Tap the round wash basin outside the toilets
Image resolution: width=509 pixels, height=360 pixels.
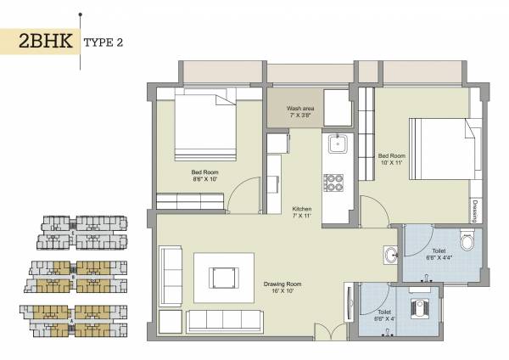click(x=390, y=254)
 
